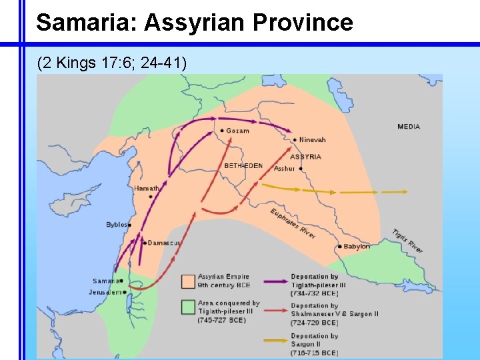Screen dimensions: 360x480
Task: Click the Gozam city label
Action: tap(237, 131)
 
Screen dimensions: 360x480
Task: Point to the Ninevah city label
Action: tap(313, 139)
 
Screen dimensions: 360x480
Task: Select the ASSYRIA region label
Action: tap(305, 157)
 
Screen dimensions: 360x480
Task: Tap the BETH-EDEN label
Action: tap(243, 165)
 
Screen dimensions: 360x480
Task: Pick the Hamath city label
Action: tap(146, 189)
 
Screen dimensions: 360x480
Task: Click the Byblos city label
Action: tap(116, 225)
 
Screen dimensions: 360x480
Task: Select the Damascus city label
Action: tap(163, 243)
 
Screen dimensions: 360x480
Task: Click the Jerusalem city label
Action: tap(105, 292)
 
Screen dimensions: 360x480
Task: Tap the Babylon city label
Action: tap(357, 247)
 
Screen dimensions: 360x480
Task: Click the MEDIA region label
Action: tap(409, 127)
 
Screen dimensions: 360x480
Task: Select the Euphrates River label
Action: tap(293, 224)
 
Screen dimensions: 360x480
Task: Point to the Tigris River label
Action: tap(407, 241)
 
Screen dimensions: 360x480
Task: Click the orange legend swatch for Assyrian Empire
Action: tap(188, 281)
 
